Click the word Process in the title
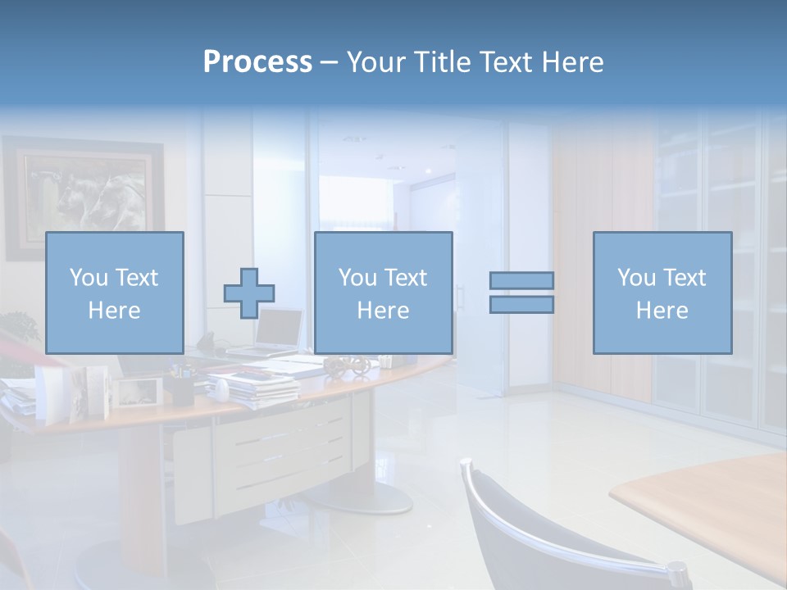(x=257, y=62)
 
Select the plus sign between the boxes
(x=249, y=293)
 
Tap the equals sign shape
(x=521, y=293)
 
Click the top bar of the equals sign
(x=521, y=280)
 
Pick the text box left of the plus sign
(x=115, y=293)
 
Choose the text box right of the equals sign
(x=662, y=293)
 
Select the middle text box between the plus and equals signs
(x=383, y=293)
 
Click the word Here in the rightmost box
(x=662, y=311)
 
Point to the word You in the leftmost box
(x=88, y=278)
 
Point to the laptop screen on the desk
(x=279, y=328)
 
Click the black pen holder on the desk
(x=182, y=388)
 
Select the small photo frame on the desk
(x=136, y=392)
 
